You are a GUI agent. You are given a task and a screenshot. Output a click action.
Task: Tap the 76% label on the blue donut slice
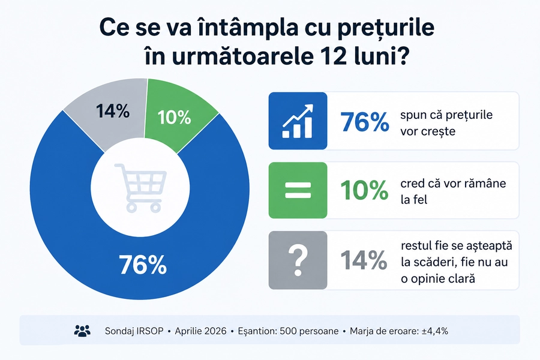point(143,265)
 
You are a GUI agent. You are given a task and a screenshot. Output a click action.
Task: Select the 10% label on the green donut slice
point(174,118)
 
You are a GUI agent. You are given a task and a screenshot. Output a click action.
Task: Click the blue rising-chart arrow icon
point(298,121)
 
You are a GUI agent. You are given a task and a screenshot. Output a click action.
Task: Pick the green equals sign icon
point(298,190)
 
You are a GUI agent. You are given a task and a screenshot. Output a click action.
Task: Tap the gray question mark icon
point(298,260)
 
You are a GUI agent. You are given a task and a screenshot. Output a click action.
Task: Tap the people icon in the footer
point(82,331)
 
